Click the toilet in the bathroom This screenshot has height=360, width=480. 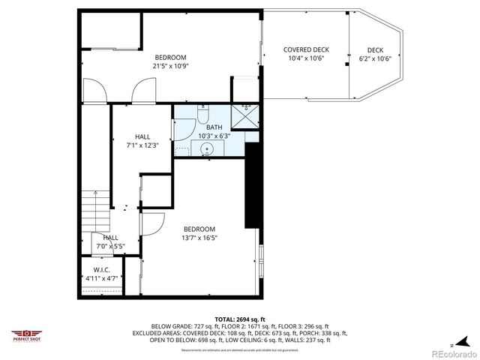[203, 114]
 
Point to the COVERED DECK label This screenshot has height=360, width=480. [305, 49]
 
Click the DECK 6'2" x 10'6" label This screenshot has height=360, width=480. [376, 54]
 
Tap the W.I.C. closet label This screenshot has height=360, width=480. [102, 274]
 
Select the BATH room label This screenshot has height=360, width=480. [214, 127]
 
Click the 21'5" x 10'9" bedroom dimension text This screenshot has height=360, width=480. [170, 66]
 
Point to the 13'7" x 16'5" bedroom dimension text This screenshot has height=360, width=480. [199, 238]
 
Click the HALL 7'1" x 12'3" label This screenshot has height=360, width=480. [142, 141]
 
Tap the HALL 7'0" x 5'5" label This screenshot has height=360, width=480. [109, 241]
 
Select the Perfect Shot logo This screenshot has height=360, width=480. [27, 334]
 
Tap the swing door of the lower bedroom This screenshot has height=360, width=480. [153, 223]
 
